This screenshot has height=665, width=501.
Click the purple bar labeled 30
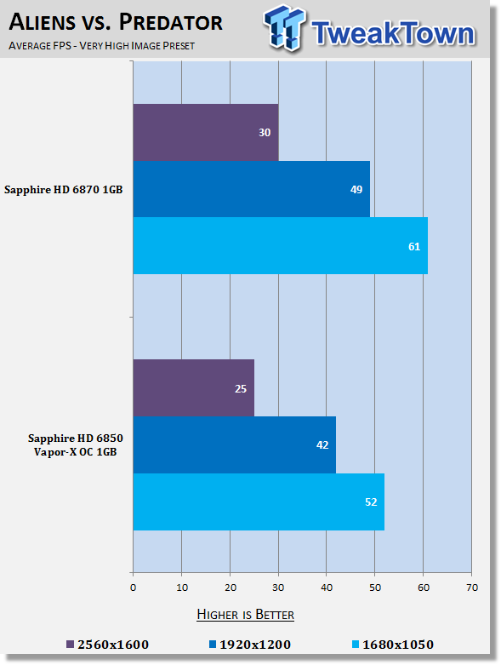(x=206, y=132)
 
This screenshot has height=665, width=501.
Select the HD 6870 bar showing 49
(x=252, y=189)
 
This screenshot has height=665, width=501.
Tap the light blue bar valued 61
(x=281, y=246)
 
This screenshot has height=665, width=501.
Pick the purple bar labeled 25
(x=194, y=388)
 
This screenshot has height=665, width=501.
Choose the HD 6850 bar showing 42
(x=235, y=444)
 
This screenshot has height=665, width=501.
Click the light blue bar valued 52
(x=259, y=502)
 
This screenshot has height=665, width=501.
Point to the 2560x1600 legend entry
(x=107, y=645)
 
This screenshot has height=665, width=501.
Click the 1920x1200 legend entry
(x=250, y=645)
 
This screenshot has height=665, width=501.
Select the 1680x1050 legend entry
(x=393, y=645)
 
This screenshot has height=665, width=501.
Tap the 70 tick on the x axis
(x=472, y=588)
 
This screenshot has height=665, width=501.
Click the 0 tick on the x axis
(x=133, y=588)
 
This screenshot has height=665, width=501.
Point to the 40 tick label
(x=327, y=588)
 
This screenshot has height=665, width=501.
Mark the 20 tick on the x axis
(x=230, y=588)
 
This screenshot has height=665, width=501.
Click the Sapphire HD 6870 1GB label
(x=64, y=190)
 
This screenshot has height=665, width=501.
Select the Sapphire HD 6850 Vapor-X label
(x=76, y=444)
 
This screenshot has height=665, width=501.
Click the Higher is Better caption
(x=246, y=615)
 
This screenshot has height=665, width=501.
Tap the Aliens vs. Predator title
(x=116, y=21)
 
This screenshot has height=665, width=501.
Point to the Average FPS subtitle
(x=101, y=45)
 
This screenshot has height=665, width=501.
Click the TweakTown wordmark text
(x=394, y=33)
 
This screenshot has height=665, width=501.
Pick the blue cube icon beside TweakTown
(x=284, y=28)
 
